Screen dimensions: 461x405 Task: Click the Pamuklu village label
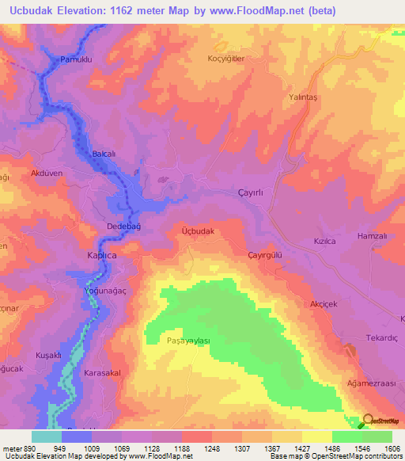click(x=77, y=59)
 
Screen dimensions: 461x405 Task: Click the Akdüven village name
click(x=46, y=173)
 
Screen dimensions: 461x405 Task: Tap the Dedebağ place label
click(x=123, y=227)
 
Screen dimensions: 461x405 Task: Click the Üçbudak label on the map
click(x=198, y=230)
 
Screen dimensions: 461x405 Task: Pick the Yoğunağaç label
click(x=104, y=291)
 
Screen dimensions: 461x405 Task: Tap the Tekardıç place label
click(x=381, y=337)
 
